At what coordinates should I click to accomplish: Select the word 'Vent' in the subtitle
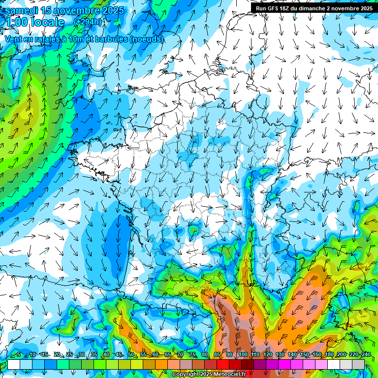tap(14, 39)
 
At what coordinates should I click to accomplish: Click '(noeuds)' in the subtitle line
tap(146, 39)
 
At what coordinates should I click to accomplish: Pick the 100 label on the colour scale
tap(243, 354)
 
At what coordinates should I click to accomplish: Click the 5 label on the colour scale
tap(19, 354)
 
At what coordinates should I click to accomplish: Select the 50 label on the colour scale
tap(131, 354)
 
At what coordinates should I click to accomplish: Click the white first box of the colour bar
tap(13, 364)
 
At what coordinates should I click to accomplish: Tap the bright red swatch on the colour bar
tap(223, 364)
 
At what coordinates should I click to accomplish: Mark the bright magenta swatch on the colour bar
tap(284, 364)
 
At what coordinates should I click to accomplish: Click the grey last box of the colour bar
tap(358, 364)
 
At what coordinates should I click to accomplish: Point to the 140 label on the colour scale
tap(292, 354)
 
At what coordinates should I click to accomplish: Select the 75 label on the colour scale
tap(193, 354)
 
